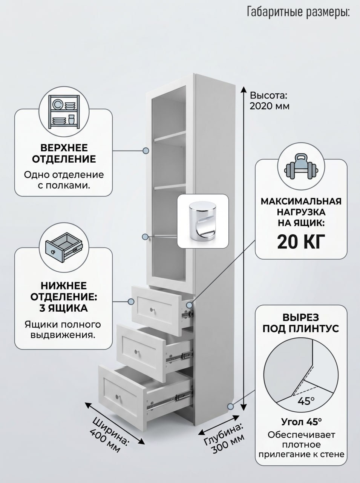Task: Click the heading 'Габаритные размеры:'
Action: [299, 12]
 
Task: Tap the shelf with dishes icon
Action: [64, 112]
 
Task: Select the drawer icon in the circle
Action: [64, 248]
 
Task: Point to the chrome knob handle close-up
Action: [203, 221]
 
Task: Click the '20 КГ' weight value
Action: [301, 241]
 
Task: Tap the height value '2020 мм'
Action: [270, 106]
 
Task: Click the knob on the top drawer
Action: [152, 309]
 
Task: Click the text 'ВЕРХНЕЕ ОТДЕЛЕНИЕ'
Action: [64, 153]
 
